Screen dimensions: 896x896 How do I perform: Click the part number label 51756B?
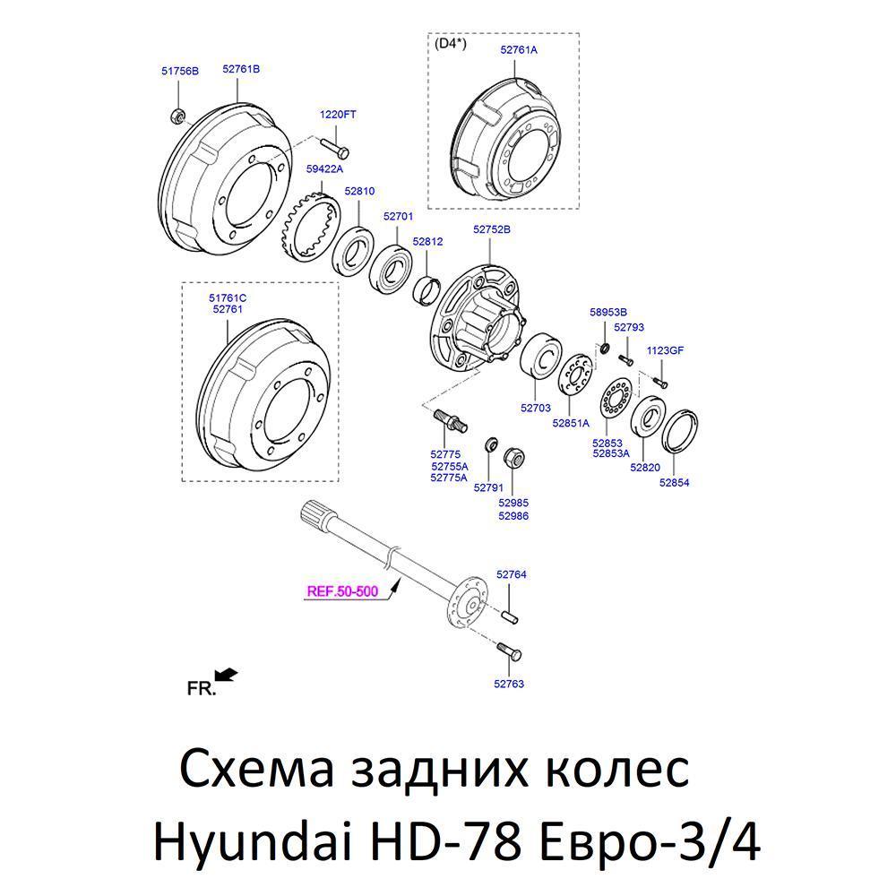180,71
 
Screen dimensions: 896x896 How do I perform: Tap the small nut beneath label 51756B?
177,116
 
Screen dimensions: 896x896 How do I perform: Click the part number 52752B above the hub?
491,229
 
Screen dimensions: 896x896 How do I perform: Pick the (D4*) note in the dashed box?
451,43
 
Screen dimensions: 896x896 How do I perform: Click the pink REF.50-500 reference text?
342,590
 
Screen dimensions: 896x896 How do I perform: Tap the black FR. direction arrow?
227,676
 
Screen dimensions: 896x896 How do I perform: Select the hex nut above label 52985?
513,457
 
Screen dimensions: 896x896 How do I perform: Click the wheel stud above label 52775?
451,420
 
